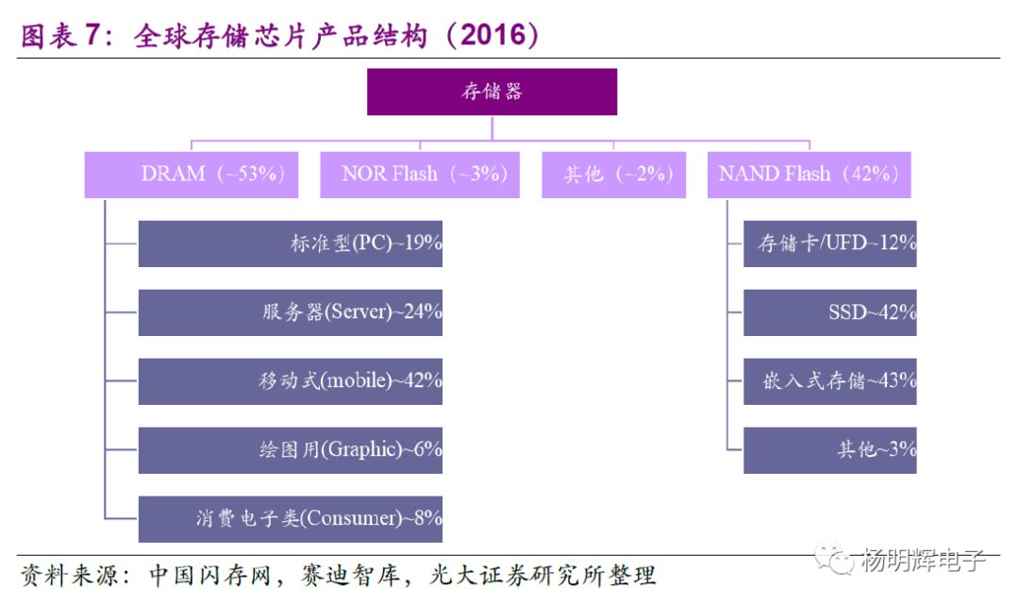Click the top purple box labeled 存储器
(x=492, y=92)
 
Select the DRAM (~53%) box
(x=192, y=175)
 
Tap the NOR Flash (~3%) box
(x=420, y=175)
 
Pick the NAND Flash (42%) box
(x=809, y=175)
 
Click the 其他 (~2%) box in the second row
(x=613, y=175)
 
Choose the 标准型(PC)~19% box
(x=291, y=244)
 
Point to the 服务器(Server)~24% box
(x=291, y=312)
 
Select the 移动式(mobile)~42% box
(x=291, y=381)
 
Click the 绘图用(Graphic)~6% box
(x=291, y=450)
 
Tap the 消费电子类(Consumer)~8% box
(x=291, y=519)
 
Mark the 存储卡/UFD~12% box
(x=829, y=244)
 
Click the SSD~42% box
(x=829, y=312)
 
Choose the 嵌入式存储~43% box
(x=829, y=381)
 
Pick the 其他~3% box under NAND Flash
(x=829, y=450)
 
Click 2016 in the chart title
(x=493, y=36)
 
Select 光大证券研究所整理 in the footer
(x=557, y=576)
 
